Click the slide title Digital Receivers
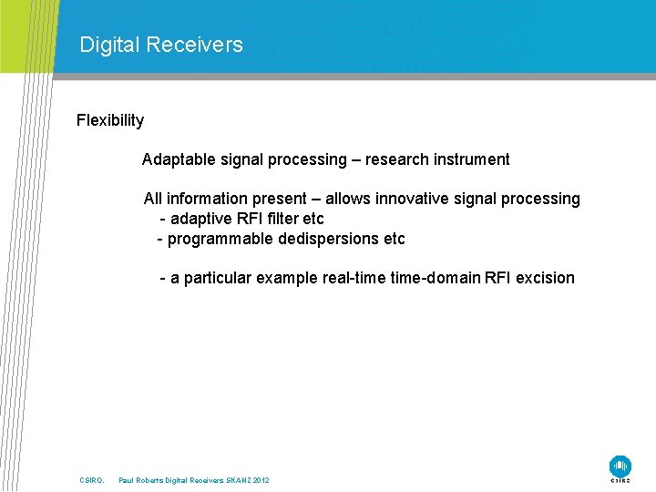[161, 45]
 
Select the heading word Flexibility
[110, 120]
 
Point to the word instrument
[476, 159]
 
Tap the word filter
[293, 219]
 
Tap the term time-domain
[436, 278]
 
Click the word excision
[545, 278]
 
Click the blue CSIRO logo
[620, 466]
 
